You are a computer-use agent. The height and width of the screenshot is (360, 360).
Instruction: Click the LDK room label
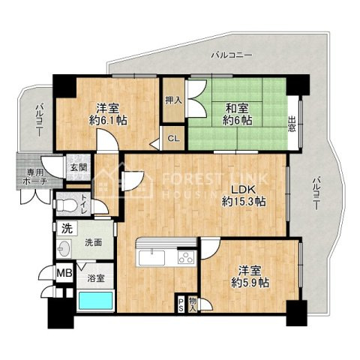[x=243, y=190]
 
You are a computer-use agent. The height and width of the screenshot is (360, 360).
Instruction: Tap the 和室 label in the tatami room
[x=237, y=109]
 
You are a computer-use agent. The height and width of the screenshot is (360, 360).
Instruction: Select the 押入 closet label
[x=173, y=100]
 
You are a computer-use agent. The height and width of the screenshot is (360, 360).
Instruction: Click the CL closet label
[x=173, y=139]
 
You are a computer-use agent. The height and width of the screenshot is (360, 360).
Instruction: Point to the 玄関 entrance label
[x=79, y=167]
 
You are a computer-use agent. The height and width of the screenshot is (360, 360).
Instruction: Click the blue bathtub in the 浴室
[x=96, y=301]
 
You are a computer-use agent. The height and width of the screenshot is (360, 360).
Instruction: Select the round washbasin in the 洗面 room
[x=63, y=249]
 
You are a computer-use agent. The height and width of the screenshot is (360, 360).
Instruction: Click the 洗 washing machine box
[x=67, y=229]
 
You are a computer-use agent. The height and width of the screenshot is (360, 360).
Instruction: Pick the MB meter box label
[x=64, y=273]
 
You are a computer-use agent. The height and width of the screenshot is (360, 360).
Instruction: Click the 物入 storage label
[x=193, y=304]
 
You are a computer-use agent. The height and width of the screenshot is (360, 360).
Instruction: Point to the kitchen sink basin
[x=152, y=258]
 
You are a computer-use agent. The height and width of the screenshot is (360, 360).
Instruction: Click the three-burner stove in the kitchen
[x=186, y=257]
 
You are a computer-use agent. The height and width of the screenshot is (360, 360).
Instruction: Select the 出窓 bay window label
[x=292, y=124]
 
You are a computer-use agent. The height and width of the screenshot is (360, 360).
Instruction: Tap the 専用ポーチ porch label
[x=35, y=177]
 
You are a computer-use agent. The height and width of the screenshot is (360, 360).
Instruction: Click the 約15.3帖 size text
[x=244, y=202]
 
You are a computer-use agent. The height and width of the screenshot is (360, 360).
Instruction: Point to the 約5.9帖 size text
[x=250, y=283]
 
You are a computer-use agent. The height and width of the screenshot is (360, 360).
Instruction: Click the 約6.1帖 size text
[x=108, y=121]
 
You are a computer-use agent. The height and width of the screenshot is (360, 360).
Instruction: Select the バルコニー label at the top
[x=231, y=55]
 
